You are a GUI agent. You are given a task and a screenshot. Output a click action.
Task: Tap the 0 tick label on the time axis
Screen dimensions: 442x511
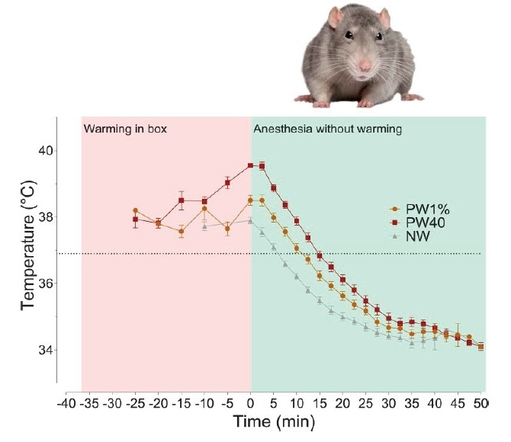(251, 402)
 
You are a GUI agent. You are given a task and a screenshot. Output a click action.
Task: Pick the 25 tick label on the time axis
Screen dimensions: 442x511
(365, 402)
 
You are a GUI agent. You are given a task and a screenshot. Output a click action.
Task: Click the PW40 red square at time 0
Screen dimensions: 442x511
(251, 165)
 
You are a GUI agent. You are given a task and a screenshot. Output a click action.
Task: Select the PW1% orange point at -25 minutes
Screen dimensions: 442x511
(135, 210)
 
